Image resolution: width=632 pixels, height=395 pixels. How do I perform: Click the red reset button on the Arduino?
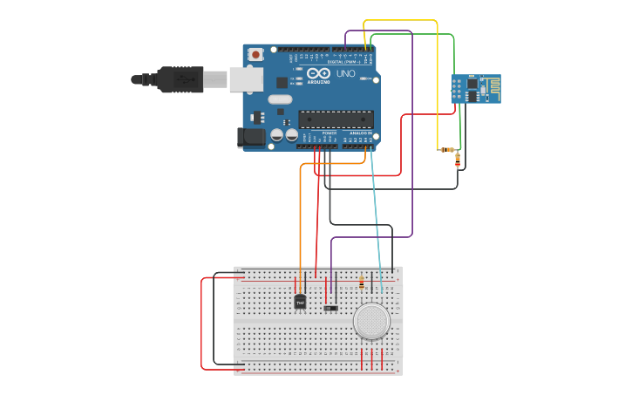click(x=255, y=54)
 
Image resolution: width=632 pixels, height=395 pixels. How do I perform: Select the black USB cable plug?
click(x=179, y=78)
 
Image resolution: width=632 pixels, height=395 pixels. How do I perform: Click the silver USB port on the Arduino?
click(x=246, y=79)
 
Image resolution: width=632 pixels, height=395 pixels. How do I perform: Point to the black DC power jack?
click(x=253, y=137)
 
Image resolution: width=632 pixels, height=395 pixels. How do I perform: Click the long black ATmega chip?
click(x=336, y=119)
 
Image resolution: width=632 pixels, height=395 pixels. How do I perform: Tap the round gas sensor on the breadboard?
click(x=372, y=321)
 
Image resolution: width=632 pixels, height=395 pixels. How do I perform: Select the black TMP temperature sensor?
click(x=300, y=302)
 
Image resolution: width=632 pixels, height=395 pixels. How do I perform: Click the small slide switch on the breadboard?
click(x=330, y=307)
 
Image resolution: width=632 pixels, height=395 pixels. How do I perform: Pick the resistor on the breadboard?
click(x=362, y=283)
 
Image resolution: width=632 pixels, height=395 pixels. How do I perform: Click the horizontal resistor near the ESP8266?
click(x=447, y=150)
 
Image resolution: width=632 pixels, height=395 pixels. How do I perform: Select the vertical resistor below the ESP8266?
click(x=459, y=160)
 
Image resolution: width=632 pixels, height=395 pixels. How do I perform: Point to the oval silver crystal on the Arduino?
click(x=280, y=99)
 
